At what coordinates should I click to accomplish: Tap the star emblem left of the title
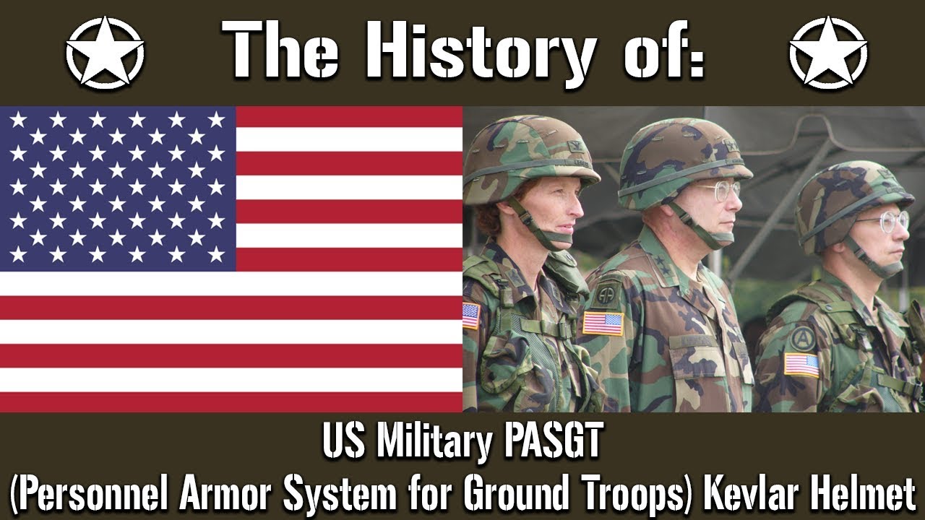[105, 53]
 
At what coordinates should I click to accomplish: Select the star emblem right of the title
[828, 53]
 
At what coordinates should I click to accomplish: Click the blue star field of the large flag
[118, 188]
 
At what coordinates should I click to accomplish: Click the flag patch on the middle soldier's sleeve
[603, 323]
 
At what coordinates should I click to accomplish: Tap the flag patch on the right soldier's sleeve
[801, 365]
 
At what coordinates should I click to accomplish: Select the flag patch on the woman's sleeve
[470, 316]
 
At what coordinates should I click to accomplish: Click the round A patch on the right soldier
[802, 338]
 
